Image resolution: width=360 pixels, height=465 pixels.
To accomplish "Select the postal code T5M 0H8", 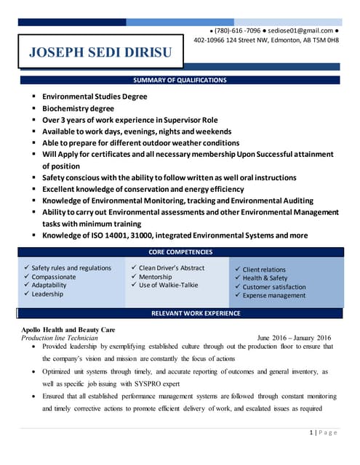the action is click(326, 40).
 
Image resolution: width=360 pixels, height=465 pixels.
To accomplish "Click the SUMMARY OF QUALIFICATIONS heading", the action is click(180, 80).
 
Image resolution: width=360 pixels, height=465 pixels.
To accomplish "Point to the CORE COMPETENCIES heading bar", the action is click(180, 252).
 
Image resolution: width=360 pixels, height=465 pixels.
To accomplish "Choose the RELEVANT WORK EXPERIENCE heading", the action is click(195, 313).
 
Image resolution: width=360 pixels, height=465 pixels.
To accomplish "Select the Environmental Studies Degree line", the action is click(95, 97).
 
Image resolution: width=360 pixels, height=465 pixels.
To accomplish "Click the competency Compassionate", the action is click(54, 277).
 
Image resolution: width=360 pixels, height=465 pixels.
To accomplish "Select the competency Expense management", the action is click(274, 296).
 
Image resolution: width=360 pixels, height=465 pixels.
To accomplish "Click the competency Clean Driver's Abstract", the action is click(172, 267).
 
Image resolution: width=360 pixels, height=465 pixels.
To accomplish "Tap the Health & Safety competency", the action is click(265, 278).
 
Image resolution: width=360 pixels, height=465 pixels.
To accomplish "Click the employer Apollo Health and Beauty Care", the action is click(68, 330).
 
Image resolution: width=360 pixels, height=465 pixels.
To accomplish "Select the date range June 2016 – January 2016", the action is click(294, 338).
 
